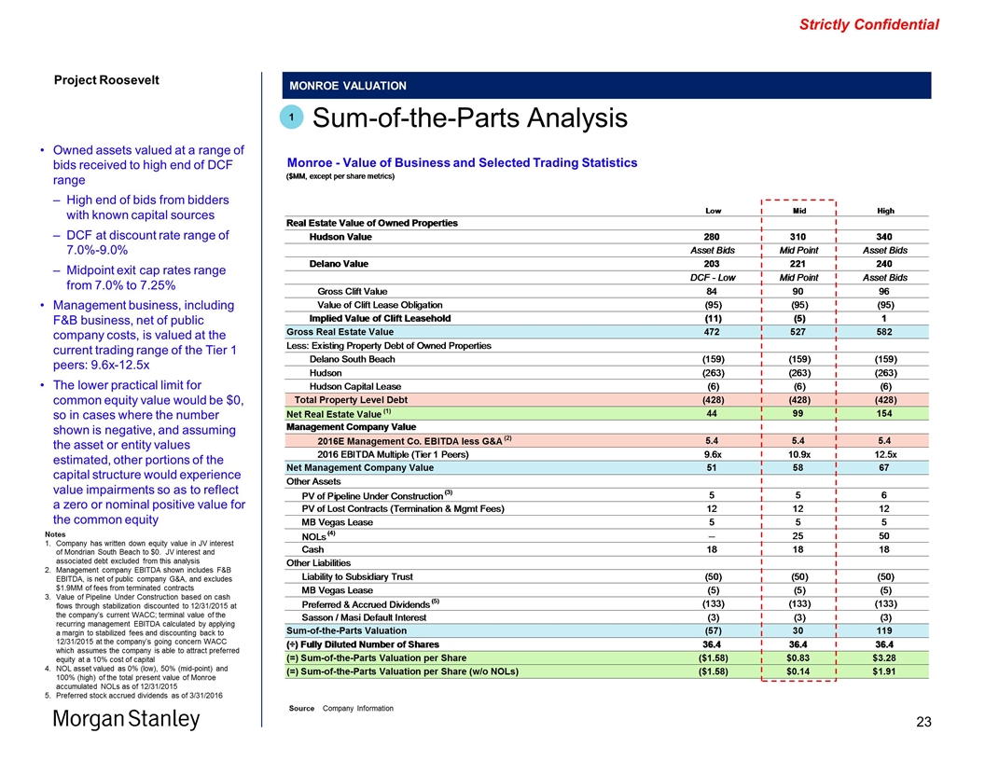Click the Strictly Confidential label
coord(868,25)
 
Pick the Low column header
coord(716,210)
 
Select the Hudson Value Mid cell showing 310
coord(799,237)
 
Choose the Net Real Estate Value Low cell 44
coord(716,413)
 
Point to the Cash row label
coord(312,549)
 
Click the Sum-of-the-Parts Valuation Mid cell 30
coord(799,630)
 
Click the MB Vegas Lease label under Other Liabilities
coord(337,589)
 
